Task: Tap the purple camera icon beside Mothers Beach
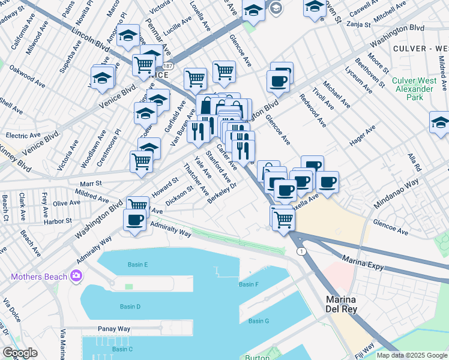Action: tap(76, 276)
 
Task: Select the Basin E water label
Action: tap(137, 264)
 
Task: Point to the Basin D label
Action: tap(130, 307)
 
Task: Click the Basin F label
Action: tap(249, 284)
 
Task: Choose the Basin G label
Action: tap(259, 321)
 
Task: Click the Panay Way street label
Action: tap(114, 329)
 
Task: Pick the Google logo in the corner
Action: tap(20, 353)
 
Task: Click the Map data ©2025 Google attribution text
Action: tap(412, 355)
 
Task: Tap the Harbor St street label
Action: tap(58, 221)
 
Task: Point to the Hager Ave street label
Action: tap(363, 134)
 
